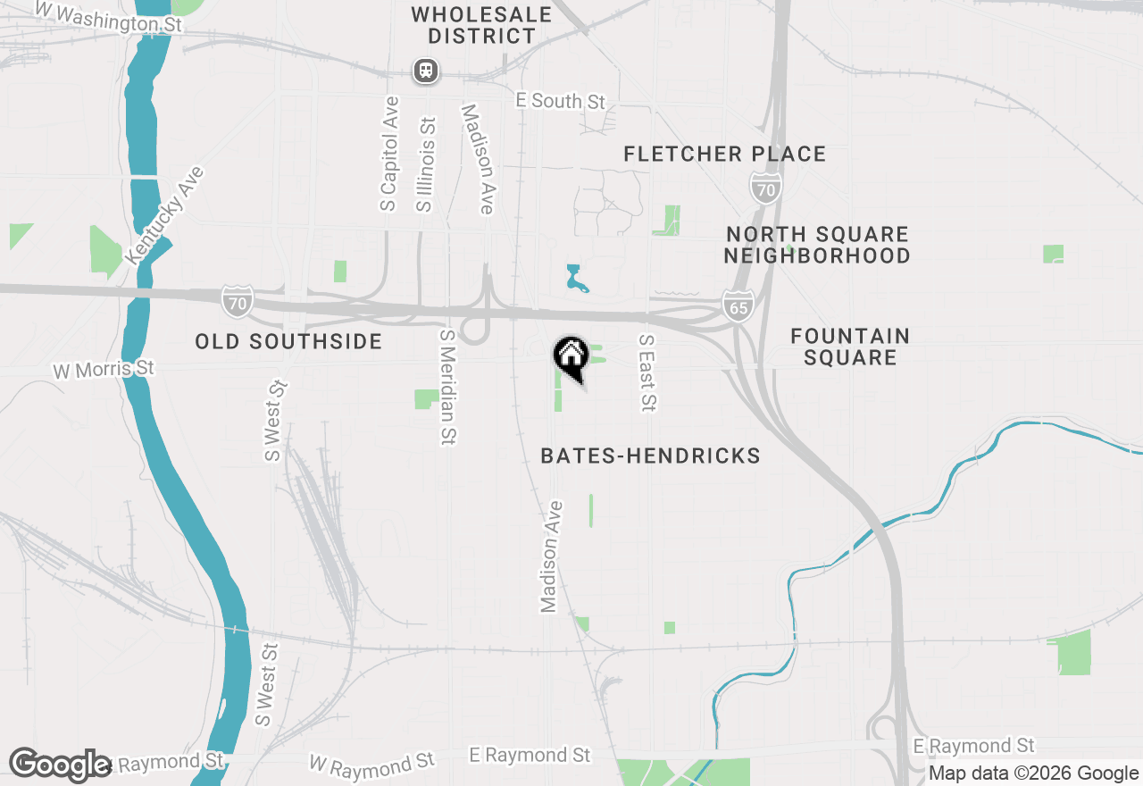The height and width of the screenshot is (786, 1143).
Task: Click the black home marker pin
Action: [571, 356]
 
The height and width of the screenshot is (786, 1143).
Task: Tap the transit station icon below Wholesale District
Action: [426, 71]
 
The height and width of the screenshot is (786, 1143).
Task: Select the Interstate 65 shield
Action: [738, 305]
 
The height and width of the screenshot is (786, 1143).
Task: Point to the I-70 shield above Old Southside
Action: [237, 301]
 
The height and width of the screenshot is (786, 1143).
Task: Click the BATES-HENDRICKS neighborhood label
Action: [650, 456]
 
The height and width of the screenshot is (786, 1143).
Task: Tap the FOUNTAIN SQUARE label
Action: [850, 347]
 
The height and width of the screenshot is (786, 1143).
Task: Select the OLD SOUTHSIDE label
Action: [288, 341]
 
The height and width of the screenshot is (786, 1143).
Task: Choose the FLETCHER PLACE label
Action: [724, 155]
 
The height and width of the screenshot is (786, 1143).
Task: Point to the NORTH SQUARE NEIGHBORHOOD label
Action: [817, 245]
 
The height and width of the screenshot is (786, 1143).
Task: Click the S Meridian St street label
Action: [447, 387]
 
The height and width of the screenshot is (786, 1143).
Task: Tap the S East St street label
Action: [647, 373]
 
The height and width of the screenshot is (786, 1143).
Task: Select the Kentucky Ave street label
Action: [165, 215]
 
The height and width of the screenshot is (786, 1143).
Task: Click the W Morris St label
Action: [104, 369]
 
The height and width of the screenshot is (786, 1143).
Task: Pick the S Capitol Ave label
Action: [389, 154]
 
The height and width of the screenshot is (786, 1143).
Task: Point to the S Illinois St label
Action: [426, 165]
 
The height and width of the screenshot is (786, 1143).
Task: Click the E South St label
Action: [561, 101]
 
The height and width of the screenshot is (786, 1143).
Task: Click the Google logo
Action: [60, 765]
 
